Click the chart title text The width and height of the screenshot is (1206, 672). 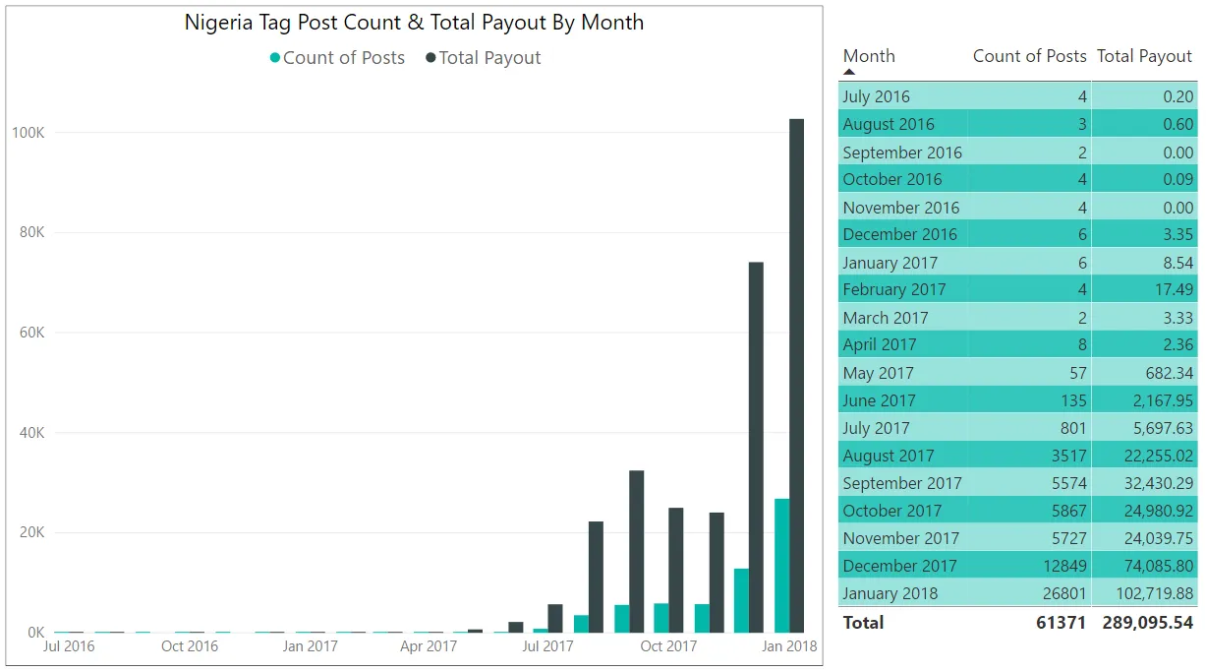click(414, 23)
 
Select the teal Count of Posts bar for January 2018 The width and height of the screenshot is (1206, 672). click(781, 566)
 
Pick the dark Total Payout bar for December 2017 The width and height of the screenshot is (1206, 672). click(756, 448)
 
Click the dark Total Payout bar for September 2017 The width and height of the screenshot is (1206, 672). click(637, 551)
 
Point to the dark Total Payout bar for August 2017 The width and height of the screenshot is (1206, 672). click(596, 577)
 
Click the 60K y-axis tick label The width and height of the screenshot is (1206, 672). click(28, 333)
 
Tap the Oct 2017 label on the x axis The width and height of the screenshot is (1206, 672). click(667, 646)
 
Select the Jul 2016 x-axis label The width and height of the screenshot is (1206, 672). click(69, 646)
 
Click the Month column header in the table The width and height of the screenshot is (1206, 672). click(869, 56)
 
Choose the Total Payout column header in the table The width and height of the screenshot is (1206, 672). click(1144, 56)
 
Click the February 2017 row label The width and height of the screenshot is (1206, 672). click(893, 289)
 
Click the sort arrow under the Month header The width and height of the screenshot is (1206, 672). click(849, 72)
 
